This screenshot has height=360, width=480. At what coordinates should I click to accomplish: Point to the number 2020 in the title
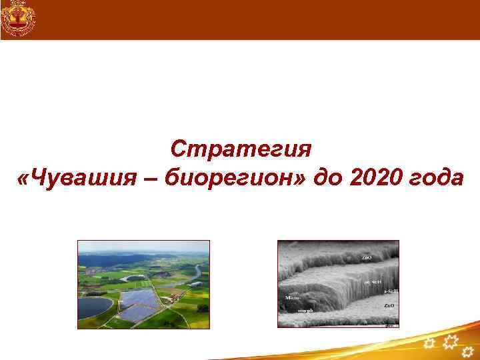(x=375, y=179)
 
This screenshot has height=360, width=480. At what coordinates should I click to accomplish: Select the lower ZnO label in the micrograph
(x=389, y=305)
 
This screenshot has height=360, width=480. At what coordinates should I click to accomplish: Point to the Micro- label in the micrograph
(x=293, y=298)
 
